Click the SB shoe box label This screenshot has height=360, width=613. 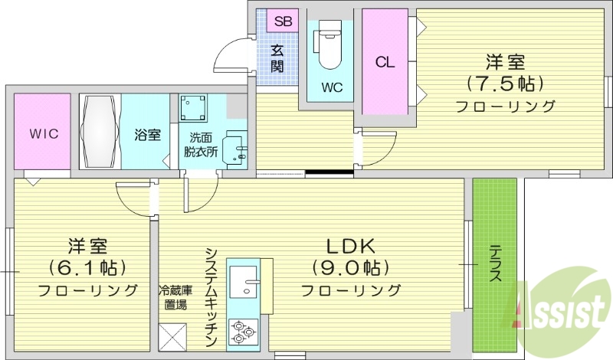tap(283, 21)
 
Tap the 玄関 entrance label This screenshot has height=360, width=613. tap(277, 59)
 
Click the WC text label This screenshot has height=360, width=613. tap(331, 87)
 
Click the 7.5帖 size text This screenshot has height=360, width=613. tap(505, 83)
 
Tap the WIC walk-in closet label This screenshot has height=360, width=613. tap(44, 133)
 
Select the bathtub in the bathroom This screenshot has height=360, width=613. tap(100, 133)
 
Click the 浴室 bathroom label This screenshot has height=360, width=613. tap(147, 135)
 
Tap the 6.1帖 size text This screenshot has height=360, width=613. tap(87, 268)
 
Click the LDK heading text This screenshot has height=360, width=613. tap(350, 246)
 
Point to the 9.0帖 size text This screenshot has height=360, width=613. tap(350, 268)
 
